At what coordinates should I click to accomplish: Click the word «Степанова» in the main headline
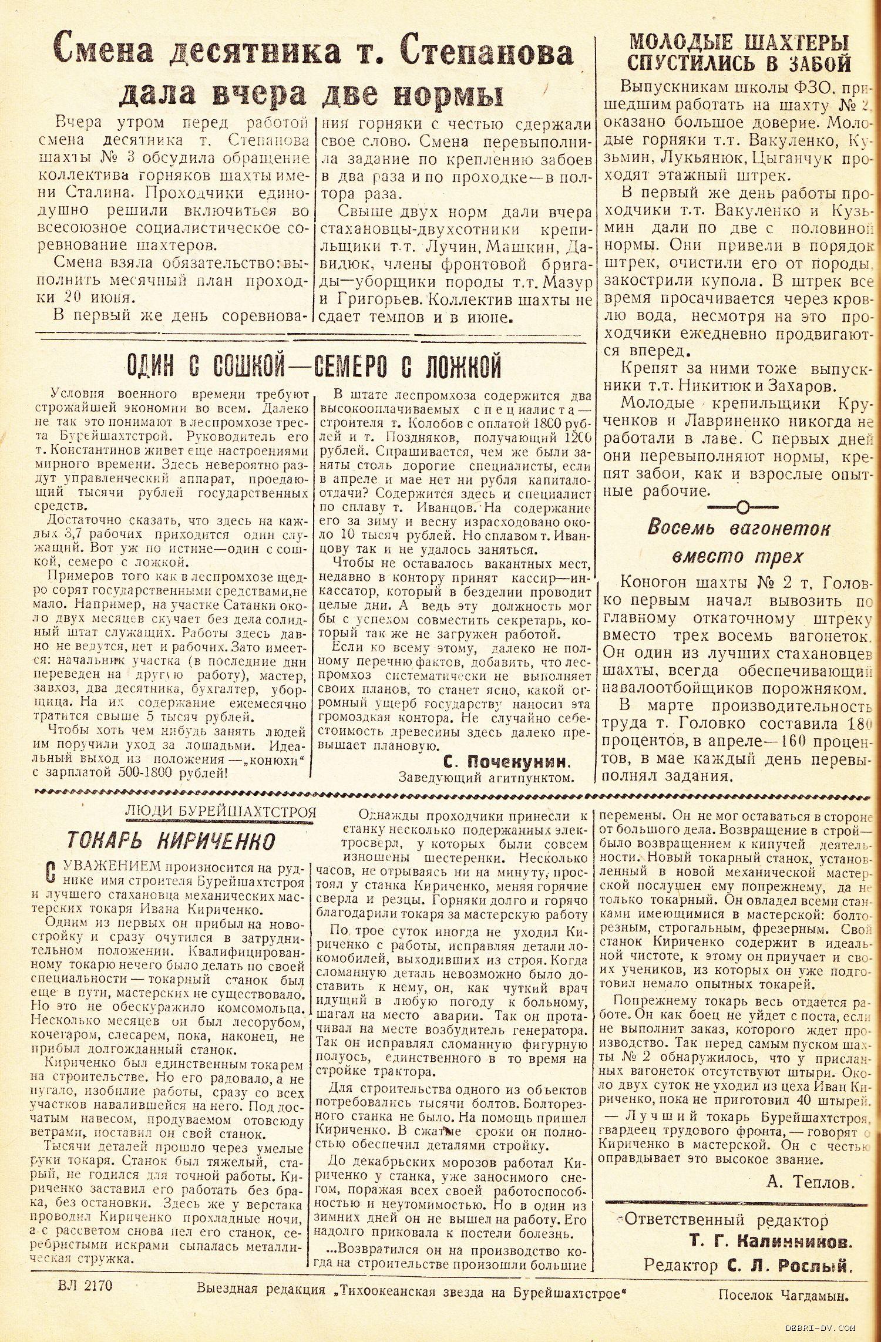click(487, 53)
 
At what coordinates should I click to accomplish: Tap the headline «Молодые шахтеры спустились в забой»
click(738, 53)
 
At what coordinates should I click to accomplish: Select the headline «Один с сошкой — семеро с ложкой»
click(314, 368)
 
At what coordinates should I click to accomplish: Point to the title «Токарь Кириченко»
click(170, 841)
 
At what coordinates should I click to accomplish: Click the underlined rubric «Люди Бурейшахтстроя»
click(220, 812)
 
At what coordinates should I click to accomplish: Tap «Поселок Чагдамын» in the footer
click(785, 1290)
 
